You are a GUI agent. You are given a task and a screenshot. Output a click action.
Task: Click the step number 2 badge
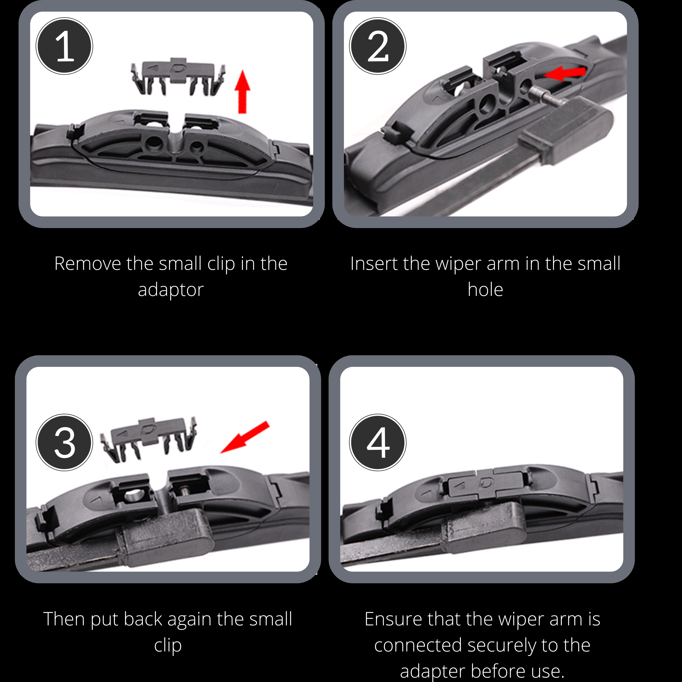tap(378, 46)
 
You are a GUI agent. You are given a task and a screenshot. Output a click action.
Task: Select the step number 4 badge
tap(378, 442)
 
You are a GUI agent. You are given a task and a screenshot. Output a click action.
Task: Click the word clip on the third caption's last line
tap(168, 645)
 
